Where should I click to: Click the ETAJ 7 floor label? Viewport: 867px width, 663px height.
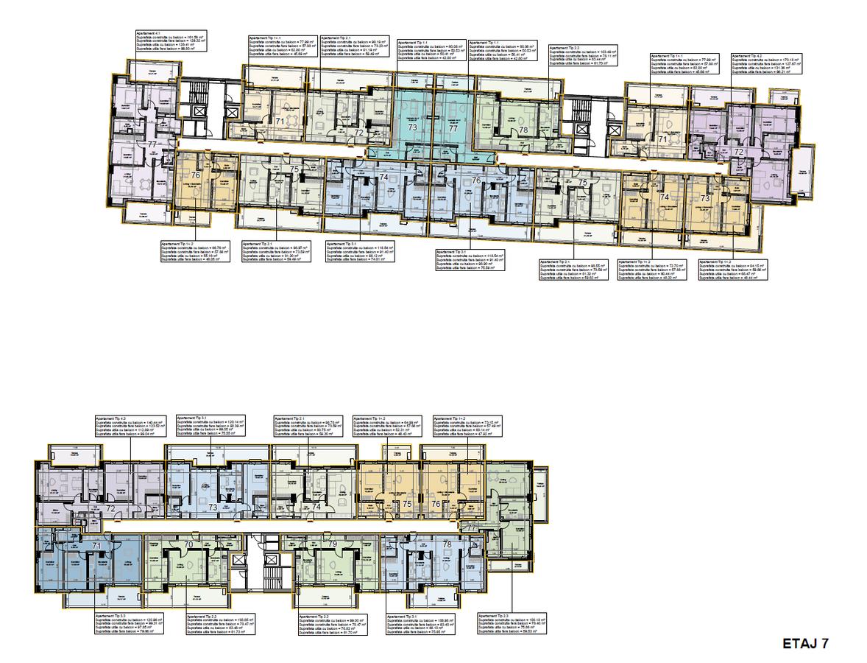click(805, 643)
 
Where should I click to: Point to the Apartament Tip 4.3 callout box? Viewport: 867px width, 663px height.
click(130, 427)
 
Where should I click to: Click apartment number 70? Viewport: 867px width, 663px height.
click(189, 545)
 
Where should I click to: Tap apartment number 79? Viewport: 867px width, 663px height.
click(332, 544)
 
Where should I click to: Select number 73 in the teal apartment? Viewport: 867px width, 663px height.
click(413, 127)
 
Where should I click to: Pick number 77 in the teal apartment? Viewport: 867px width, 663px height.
click(453, 127)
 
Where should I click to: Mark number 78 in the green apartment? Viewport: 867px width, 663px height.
click(523, 130)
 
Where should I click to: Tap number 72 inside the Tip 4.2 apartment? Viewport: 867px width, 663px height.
click(739, 151)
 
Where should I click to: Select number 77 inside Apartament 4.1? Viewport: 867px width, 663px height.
click(152, 145)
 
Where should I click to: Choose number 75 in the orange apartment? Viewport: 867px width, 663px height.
click(407, 504)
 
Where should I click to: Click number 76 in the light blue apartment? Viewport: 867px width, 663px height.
click(476, 180)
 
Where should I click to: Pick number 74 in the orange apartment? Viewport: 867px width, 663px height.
click(663, 197)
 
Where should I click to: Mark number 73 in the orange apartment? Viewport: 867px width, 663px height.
click(704, 199)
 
